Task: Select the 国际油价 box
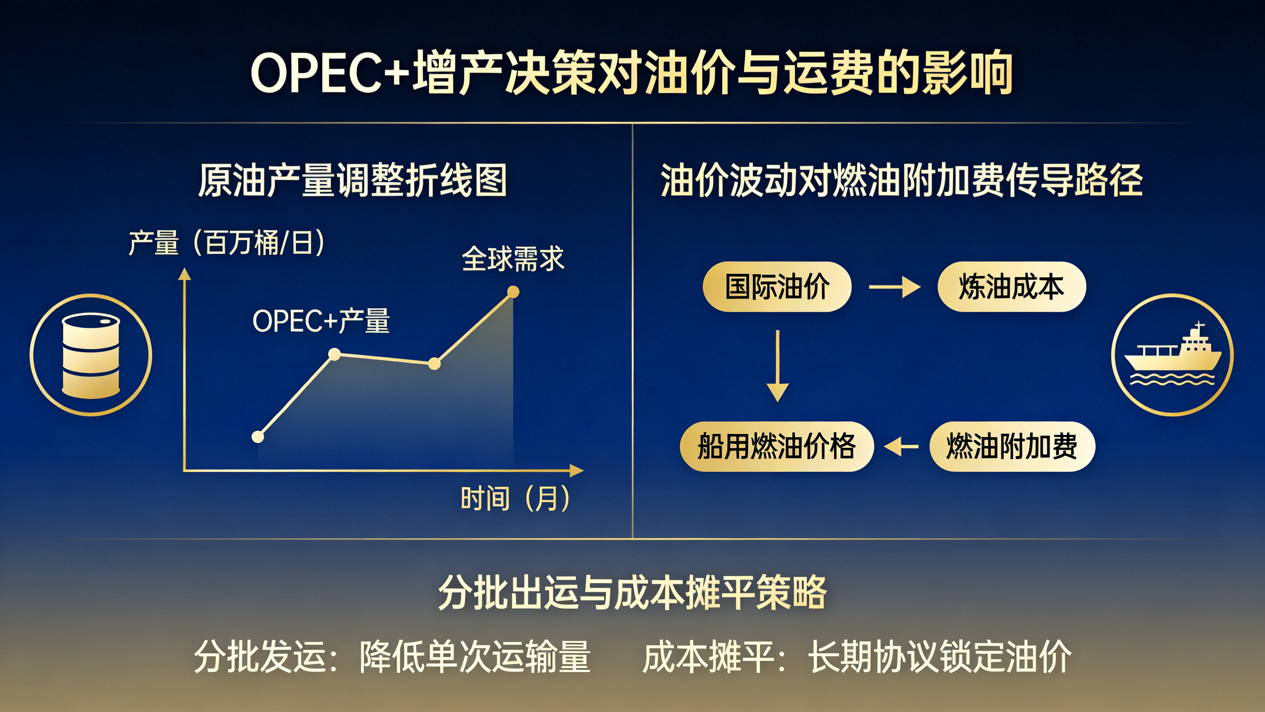pos(777,287)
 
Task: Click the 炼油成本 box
pos(1011,287)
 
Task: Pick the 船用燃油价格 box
pos(777,446)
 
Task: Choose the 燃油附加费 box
pos(1012,446)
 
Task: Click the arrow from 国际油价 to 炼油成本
pos(895,287)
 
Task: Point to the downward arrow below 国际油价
pos(777,366)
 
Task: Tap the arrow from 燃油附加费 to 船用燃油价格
pos(901,446)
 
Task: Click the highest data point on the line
pos(513,292)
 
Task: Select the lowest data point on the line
pos(258,437)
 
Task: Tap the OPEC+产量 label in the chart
pos(321,321)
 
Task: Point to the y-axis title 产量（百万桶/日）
pos(226,242)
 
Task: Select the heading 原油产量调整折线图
pos(353,180)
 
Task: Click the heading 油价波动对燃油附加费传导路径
pos(901,180)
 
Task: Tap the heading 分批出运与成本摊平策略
pos(632,592)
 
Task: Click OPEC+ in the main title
pos(330,73)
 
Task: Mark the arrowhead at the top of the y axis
pos(184,274)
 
